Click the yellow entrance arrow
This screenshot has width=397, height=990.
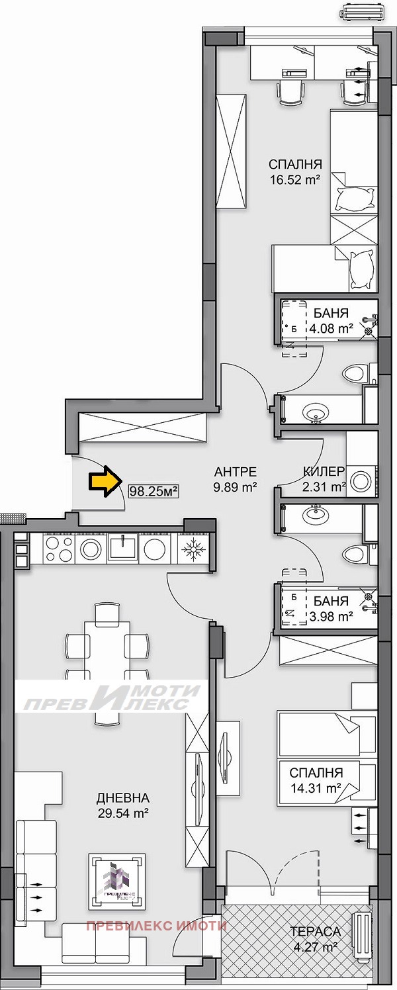coord(101,481)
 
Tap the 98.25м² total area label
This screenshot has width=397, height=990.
coord(154,490)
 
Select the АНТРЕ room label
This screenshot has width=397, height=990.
coord(235,472)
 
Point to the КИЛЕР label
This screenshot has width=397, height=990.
coord(324,472)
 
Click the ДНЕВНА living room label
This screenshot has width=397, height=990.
coord(122,798)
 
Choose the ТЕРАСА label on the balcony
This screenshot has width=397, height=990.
coord(315,932)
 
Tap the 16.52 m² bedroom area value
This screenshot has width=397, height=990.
coord(294,179)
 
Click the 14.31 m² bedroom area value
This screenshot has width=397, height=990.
coord(315,787)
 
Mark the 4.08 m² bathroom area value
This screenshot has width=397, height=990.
coord(331,328)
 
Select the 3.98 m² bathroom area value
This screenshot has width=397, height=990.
coord(331,617)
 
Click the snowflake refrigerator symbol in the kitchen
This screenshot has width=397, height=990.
coord(194,548)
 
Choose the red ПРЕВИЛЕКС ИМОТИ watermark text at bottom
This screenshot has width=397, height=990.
coord(157,925)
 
